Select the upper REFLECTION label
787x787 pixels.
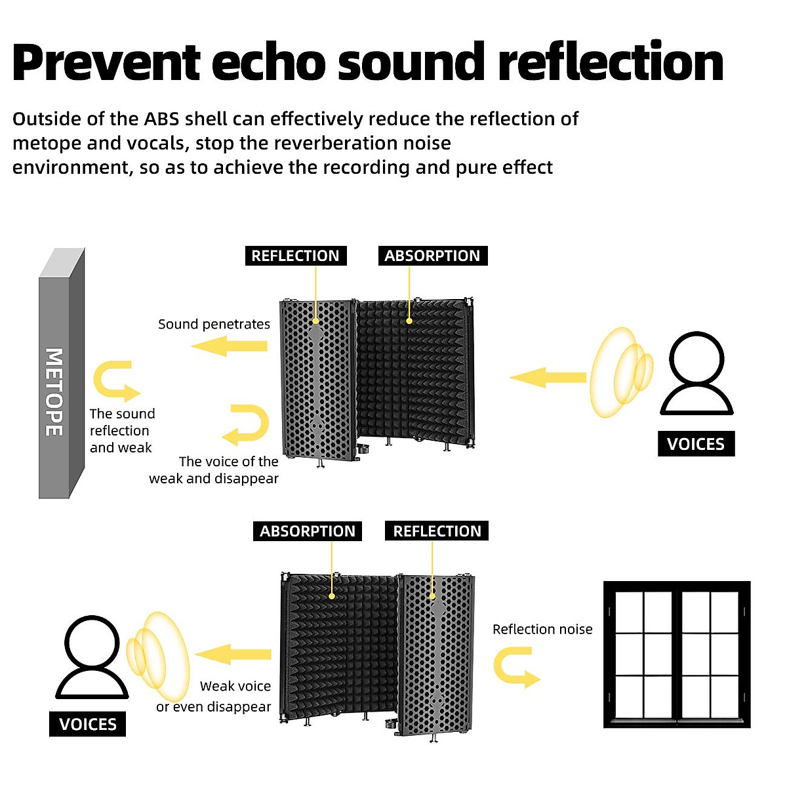[x=295, y=256]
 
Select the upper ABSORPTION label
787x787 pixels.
[x=432, y=256]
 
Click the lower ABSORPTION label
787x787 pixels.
[x=307, y=531]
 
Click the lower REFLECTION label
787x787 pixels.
[x=437, y=531]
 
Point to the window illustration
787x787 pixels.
[x=677, y=655]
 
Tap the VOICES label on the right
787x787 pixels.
[x=696, y=444]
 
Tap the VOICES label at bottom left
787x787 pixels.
[x=87, y=724]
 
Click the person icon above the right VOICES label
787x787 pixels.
[x=696, y=374]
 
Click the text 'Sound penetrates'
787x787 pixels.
[x=214, y=324]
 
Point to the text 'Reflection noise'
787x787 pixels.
[x=542, y=630]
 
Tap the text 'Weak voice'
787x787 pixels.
[x=235, y=686]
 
